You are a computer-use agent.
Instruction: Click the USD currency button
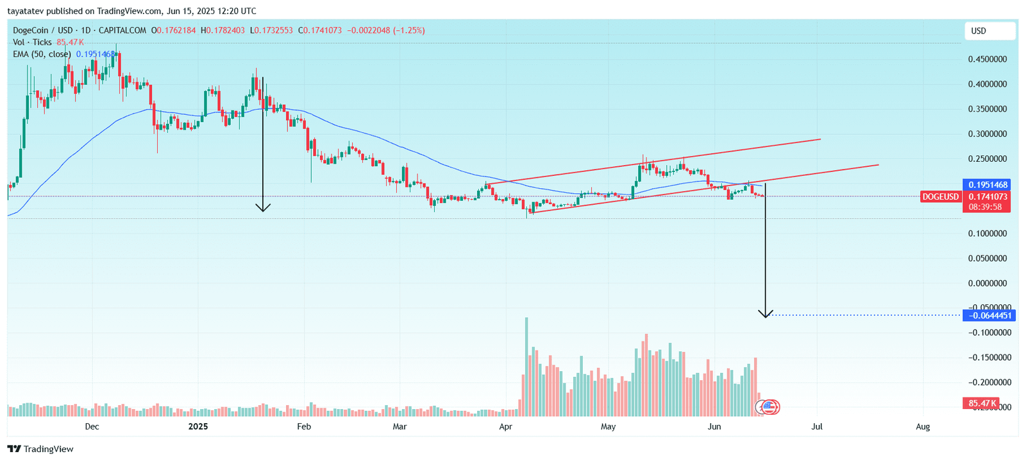point(989,31)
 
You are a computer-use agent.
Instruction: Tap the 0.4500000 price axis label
point(987,59)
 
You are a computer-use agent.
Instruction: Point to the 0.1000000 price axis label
point(987,234)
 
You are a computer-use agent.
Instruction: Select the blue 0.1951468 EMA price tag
point(987,185)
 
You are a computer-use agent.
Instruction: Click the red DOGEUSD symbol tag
point(940,197)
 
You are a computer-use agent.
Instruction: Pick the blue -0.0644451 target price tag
point(988,315)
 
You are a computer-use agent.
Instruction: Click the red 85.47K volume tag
point(981,403)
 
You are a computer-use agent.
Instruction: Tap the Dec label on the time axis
point(92,427)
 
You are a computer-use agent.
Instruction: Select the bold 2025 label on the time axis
point(198,427)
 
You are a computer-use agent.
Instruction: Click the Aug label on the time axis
point(923,427)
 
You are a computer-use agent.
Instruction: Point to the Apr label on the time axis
point(505,427)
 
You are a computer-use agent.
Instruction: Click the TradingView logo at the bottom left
point(41,449)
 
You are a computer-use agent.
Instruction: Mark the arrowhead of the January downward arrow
point(263,209)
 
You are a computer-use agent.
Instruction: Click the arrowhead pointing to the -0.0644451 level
point(765,315)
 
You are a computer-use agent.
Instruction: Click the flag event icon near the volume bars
point(768,406)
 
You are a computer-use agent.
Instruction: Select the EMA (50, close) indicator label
point(42,55)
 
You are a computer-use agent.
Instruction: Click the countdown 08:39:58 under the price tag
point(985,207)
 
